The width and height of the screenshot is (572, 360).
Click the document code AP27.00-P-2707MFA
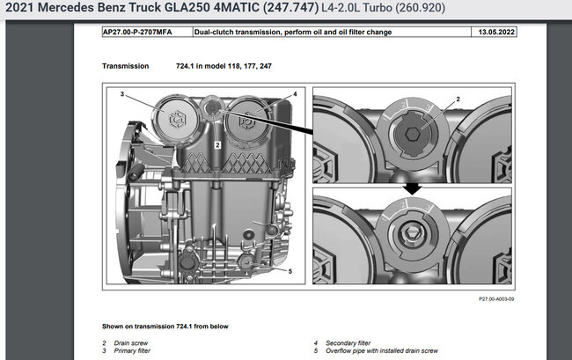[137, 32]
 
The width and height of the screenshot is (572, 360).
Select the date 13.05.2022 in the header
[496, 32]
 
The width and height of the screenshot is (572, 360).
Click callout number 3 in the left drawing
[122, 94]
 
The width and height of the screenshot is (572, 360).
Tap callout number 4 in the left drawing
[295, 94]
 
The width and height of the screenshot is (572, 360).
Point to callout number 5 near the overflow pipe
[290, 271]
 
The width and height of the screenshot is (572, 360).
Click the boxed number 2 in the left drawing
[217, 145]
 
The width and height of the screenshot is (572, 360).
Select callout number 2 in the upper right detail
[458, 99]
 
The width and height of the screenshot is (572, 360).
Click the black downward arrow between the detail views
[412, 188]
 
